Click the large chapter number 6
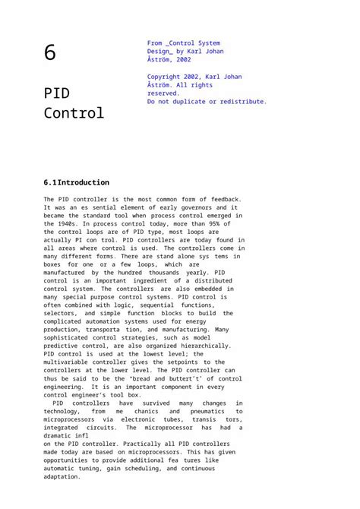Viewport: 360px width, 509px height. pyautogui.click(x=50, y=53)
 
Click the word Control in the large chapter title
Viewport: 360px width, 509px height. pyautogui.click(x=74, y=114)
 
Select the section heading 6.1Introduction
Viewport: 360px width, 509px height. pyautogui.click(x=77, y=182)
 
